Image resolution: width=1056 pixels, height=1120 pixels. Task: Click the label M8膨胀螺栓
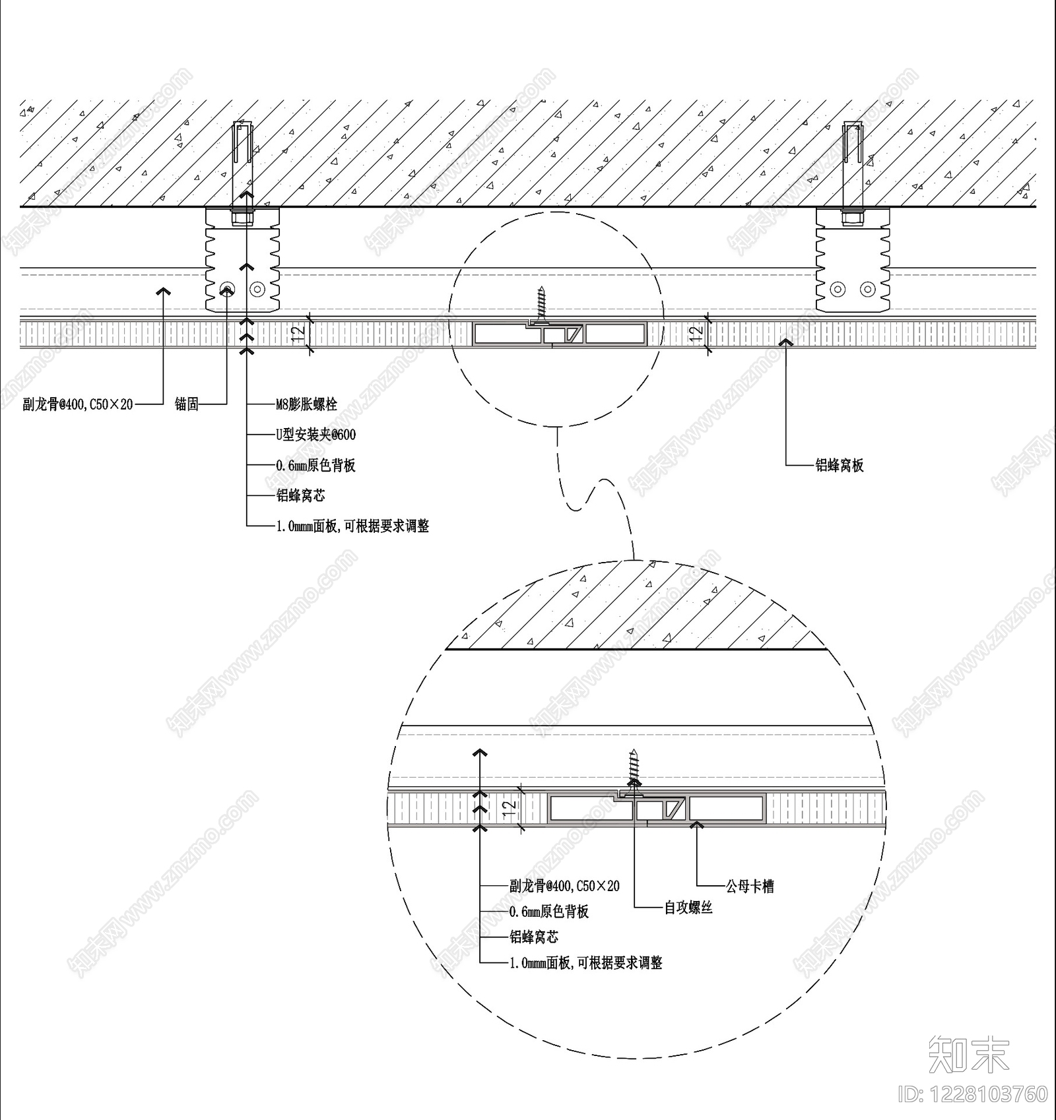click(x=306, y=404)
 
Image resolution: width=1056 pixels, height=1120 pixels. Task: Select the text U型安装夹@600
click(x=315, y=435)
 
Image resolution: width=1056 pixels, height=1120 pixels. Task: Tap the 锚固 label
click(x=187, y=404)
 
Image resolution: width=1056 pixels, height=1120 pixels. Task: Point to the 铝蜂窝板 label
click(x=840, y=465)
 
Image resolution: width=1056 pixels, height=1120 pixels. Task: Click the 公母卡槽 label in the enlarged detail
click(x=750, y=887)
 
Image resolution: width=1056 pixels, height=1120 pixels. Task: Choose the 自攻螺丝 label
click(x=688, y=908)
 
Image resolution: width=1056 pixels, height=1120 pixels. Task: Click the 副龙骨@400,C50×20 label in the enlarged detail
click(x=564, y=886)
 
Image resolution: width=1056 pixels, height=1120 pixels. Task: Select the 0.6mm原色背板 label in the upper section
click(x=315, y=466)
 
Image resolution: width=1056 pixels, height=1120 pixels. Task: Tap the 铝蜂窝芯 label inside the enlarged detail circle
click(x=533, y=937)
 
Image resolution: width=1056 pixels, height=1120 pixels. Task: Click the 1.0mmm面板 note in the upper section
click(x=352, y=526)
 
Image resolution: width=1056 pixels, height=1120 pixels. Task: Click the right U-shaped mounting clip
click(x=853, y=260)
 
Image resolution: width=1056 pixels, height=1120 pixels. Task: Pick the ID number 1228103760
click(x=972, y=1094)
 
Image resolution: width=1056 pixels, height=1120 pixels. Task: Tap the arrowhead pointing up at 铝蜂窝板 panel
click(x=786, y=342)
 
